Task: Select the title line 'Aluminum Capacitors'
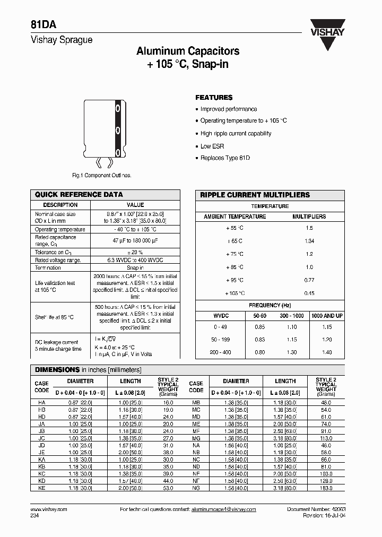(x=188, y=51)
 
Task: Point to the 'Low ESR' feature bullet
(x=212, y=146)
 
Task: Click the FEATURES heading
(x=214, y=98)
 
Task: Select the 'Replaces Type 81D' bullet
(x=225, y=158)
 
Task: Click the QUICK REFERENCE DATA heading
(x=79, y=195)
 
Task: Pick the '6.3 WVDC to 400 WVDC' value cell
(x=135, y=260)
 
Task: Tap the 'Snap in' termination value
(x=135, y=268)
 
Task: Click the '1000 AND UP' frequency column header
(x=327, y=315)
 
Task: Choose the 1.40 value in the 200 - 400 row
(x=327, y=352)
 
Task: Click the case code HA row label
(x=41, y=403)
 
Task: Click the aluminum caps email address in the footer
(x=223, y=509)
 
